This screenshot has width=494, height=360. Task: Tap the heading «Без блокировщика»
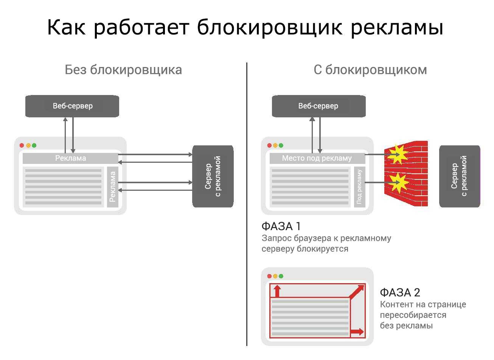coord(123,70)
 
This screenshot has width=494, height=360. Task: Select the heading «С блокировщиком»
coord(370,70)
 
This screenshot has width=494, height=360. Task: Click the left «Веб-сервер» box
coord(72,106)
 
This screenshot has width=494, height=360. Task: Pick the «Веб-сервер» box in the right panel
coord(318,106)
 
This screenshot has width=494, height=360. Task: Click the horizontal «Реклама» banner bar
coord(71,158)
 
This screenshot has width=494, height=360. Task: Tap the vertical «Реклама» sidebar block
coord(112,187)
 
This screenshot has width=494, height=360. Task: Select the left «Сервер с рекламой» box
coord(213,176)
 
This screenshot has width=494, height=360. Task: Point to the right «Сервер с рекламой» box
coord(460,176)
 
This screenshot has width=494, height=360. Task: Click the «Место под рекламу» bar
coord(317,158)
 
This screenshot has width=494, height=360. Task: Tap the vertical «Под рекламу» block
coord(359,187)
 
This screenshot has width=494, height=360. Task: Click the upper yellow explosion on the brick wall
coord(398,153)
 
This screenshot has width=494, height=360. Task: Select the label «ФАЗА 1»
coord(281,226)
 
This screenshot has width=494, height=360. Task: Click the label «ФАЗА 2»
coord(400,293)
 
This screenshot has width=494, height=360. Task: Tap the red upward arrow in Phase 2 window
coord(277,291)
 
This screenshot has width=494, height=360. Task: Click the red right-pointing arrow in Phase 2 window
coord(357,332)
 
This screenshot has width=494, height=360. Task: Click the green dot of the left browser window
coord(34,145)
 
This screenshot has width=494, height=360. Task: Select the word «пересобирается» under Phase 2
coord(413,315)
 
